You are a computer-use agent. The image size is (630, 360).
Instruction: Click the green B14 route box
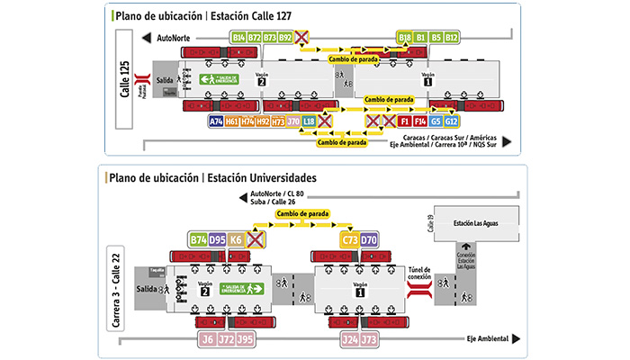pyautogui.click(x=238, y=38)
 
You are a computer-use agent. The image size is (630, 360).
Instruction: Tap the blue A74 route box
pyautogui.click(x=216, y=121)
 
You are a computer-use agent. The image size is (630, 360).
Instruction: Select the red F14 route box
pyautogui.click(x=420, y=121)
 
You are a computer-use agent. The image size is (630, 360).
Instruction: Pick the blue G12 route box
pyautogui.click(x=452, y=121)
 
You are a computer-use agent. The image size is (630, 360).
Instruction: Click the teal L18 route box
pyautogui.click(x=309, y=121)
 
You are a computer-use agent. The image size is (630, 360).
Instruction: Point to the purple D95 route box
pyautogui.click(x=218, y=239)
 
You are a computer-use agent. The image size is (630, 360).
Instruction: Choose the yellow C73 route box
pyautogui.click(x=349, y=239)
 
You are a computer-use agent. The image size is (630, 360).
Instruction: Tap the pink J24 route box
pyautogui.click(x=349, y=339)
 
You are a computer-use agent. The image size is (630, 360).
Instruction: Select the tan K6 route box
pyautogui.click(x=237, y=239)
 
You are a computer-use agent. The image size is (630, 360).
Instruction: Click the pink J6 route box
pyautogui.click(x=207, y=339)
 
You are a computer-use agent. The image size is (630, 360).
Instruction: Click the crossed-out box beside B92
pyautogui.click(x=303, y=38)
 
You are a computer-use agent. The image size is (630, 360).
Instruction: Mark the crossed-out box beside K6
pyautogui.click(x=256, y=239)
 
